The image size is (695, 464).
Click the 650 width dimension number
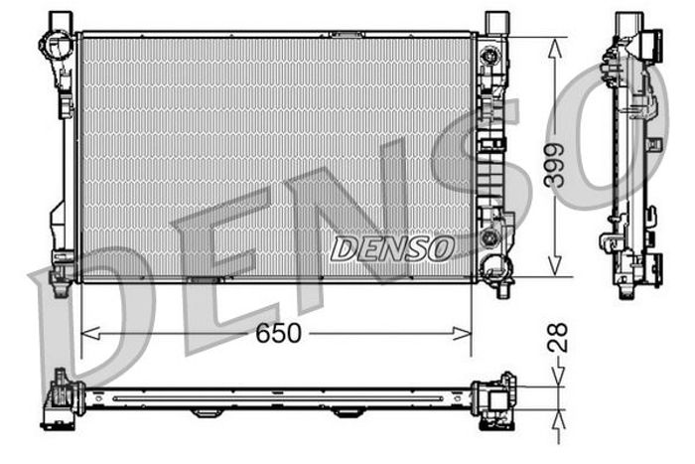(278, 334)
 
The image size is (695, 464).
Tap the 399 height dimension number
(555, 165)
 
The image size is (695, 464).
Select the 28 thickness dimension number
(558, 338)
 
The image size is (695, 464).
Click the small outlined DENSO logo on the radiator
(392, 248)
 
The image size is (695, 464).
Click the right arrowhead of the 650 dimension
(462, 334)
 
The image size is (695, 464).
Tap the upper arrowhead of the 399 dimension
(555, 48)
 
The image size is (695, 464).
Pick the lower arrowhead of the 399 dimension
(555, 266)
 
